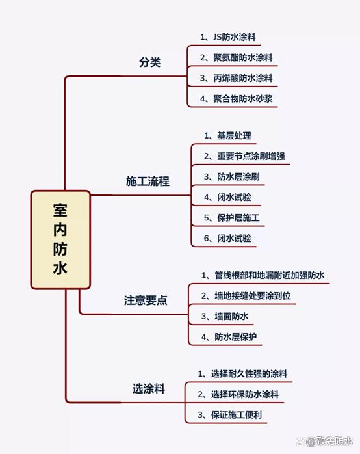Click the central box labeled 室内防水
click(x=60, y=240)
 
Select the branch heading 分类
click(x=149, y=62)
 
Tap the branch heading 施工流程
click(x=148, y=181)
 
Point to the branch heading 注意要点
click(x=146, y=300)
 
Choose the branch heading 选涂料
click(x=149, y=388)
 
